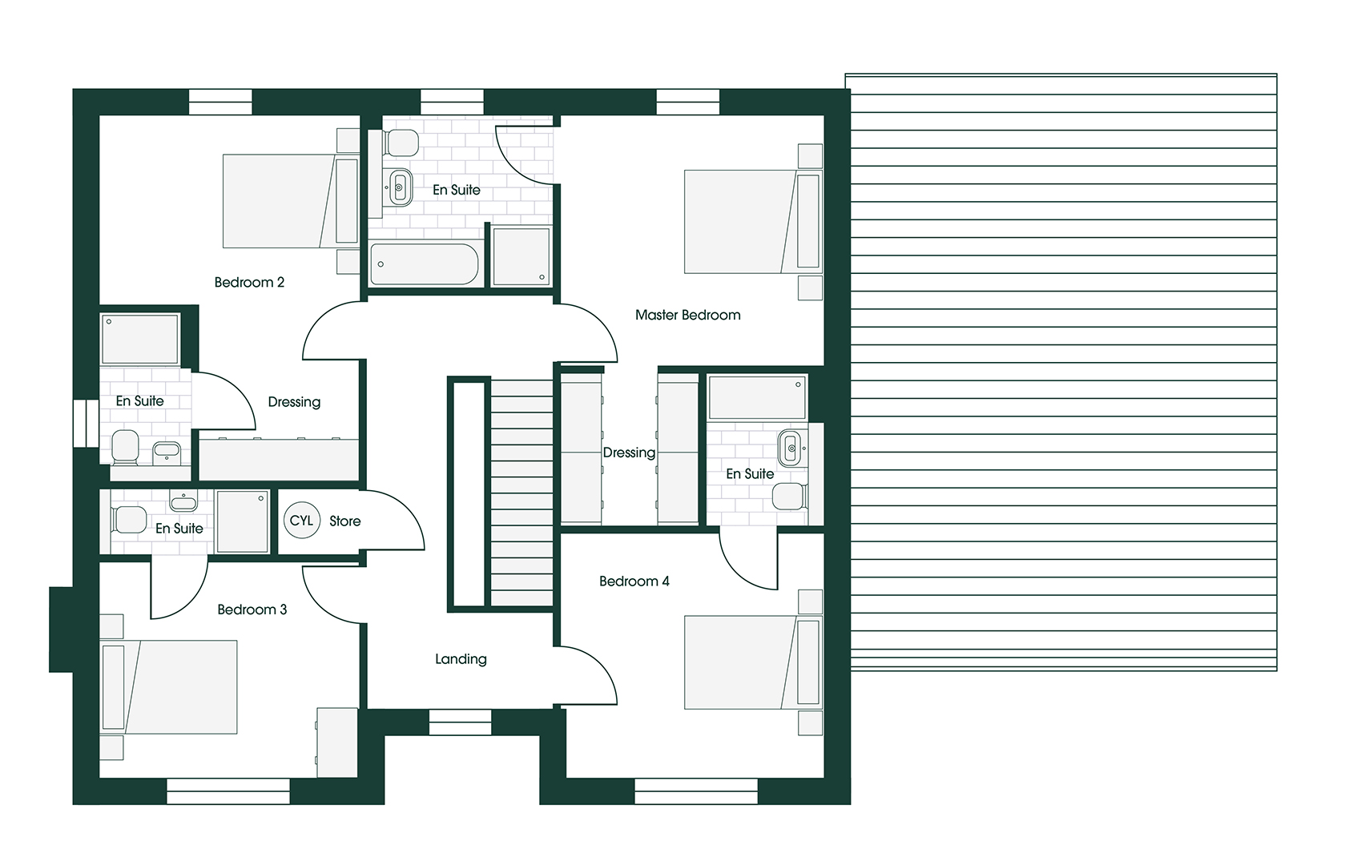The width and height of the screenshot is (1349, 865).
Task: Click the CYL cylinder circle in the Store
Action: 302,520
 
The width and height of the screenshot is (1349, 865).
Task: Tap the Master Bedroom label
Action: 688,315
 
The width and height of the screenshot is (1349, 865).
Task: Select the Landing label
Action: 461,659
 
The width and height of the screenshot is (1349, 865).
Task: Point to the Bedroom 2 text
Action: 249,282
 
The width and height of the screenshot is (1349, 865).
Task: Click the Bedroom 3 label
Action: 252,610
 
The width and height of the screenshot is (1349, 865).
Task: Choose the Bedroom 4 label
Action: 634,581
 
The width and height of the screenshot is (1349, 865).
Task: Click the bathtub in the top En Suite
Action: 425,264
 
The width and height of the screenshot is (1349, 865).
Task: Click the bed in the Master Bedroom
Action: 753,222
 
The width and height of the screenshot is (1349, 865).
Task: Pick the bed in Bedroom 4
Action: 753,662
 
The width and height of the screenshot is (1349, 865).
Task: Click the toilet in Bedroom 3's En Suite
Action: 129,520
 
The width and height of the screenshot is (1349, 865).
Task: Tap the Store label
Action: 345,521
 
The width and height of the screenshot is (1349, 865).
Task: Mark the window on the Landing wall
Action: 460,722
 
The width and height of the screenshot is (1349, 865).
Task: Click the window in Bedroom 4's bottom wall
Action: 697,791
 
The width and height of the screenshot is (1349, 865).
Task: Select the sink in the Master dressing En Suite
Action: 790,449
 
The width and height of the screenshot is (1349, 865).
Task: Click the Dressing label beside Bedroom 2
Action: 294,402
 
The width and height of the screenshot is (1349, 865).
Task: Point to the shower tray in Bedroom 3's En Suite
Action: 242,521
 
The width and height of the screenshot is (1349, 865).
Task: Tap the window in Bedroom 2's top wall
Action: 220,102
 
